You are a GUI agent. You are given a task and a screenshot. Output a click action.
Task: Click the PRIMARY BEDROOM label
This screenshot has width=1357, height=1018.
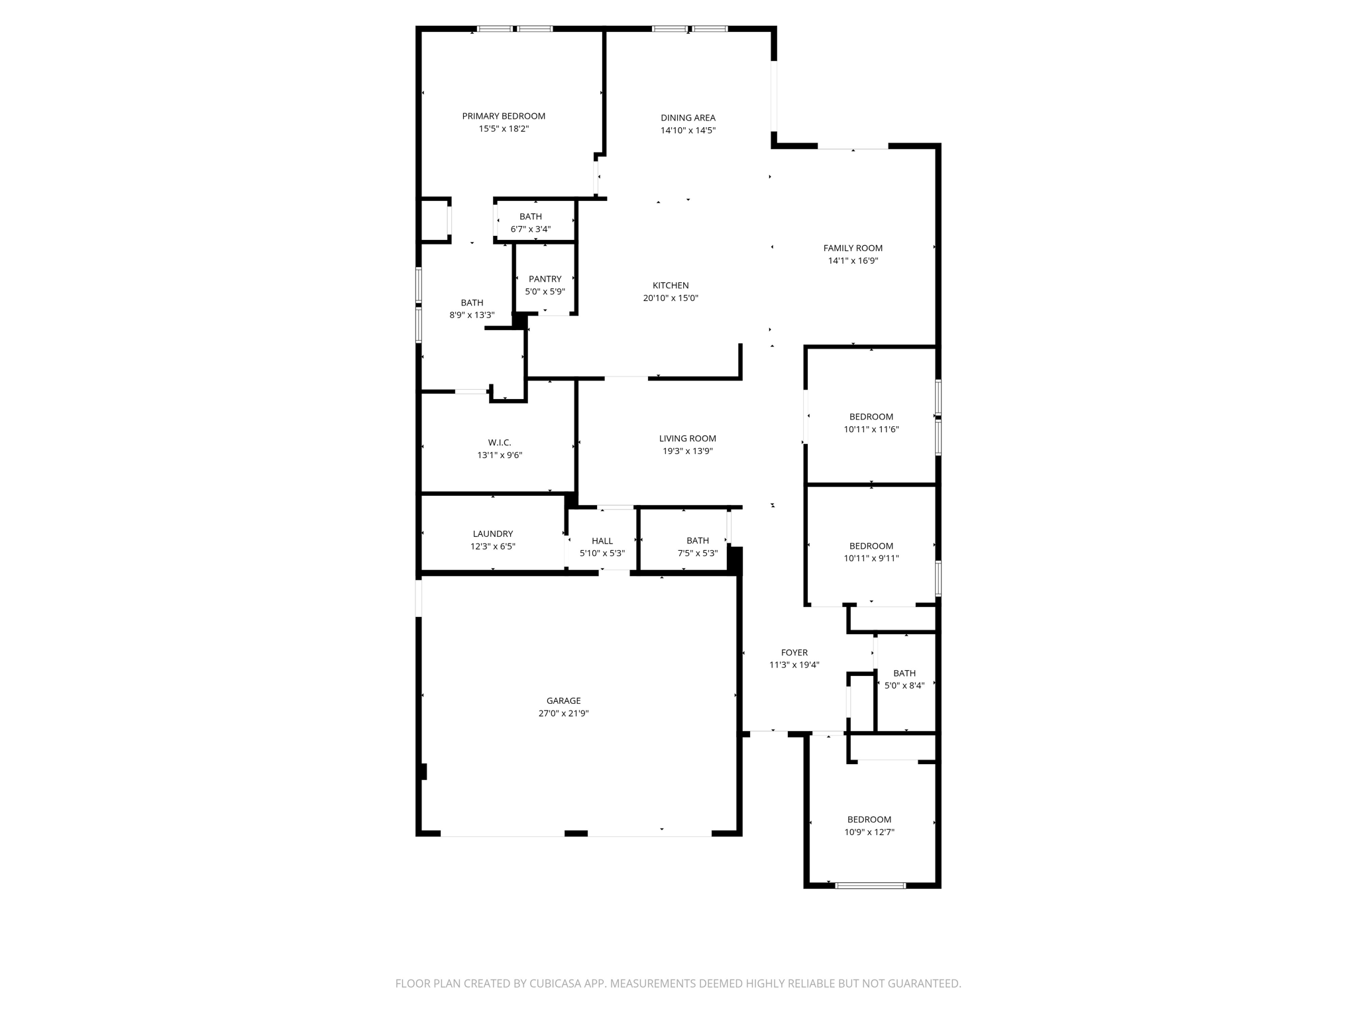[x=504, y=116]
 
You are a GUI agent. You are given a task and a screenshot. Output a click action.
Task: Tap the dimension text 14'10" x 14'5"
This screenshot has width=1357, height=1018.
[x=688, y=131]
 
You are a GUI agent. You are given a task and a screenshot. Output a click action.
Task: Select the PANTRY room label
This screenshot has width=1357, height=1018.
[x=545, y=279]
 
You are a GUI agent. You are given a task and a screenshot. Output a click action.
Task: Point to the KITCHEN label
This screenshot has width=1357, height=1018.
[x=671, y=286]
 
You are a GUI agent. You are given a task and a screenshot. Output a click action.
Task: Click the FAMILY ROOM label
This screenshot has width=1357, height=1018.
[x=853, y=248]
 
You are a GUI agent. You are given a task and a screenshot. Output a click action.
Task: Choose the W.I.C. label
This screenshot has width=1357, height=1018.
[x=500, y=443]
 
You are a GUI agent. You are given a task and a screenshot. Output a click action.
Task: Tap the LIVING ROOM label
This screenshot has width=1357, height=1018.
[x=687, y=438]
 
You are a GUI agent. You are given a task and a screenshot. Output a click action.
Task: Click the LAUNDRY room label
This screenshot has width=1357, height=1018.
[x=492, y=534]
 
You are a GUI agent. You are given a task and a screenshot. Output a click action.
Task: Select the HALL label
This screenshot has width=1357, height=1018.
[x=602, y=541]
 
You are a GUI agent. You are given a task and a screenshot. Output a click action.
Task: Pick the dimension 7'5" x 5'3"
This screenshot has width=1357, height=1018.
[x=697, y=553]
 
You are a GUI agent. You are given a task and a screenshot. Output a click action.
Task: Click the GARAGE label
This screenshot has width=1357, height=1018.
[x=563, y=701]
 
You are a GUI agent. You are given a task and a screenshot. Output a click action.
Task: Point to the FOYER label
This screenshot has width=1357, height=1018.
[x=794, y=652]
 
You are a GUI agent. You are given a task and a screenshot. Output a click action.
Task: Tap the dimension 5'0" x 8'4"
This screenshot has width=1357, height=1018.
[x=904, y=686]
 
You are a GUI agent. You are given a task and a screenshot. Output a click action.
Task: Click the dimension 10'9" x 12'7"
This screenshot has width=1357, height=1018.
[x=869, y=832]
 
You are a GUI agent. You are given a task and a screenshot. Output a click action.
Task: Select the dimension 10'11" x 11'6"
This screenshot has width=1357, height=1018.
[x=871, y=429]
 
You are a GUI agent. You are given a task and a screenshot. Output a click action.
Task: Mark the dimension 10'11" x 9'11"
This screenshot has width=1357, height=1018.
[x=871, y=558]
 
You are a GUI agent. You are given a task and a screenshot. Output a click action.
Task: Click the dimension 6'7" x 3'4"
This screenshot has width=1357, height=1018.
[x=530, y=229]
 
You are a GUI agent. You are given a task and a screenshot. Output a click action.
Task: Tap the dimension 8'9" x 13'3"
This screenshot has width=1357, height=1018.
[x=472, y=315]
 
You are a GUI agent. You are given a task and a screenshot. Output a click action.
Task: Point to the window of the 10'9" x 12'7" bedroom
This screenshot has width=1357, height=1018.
[x=870, y=885]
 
